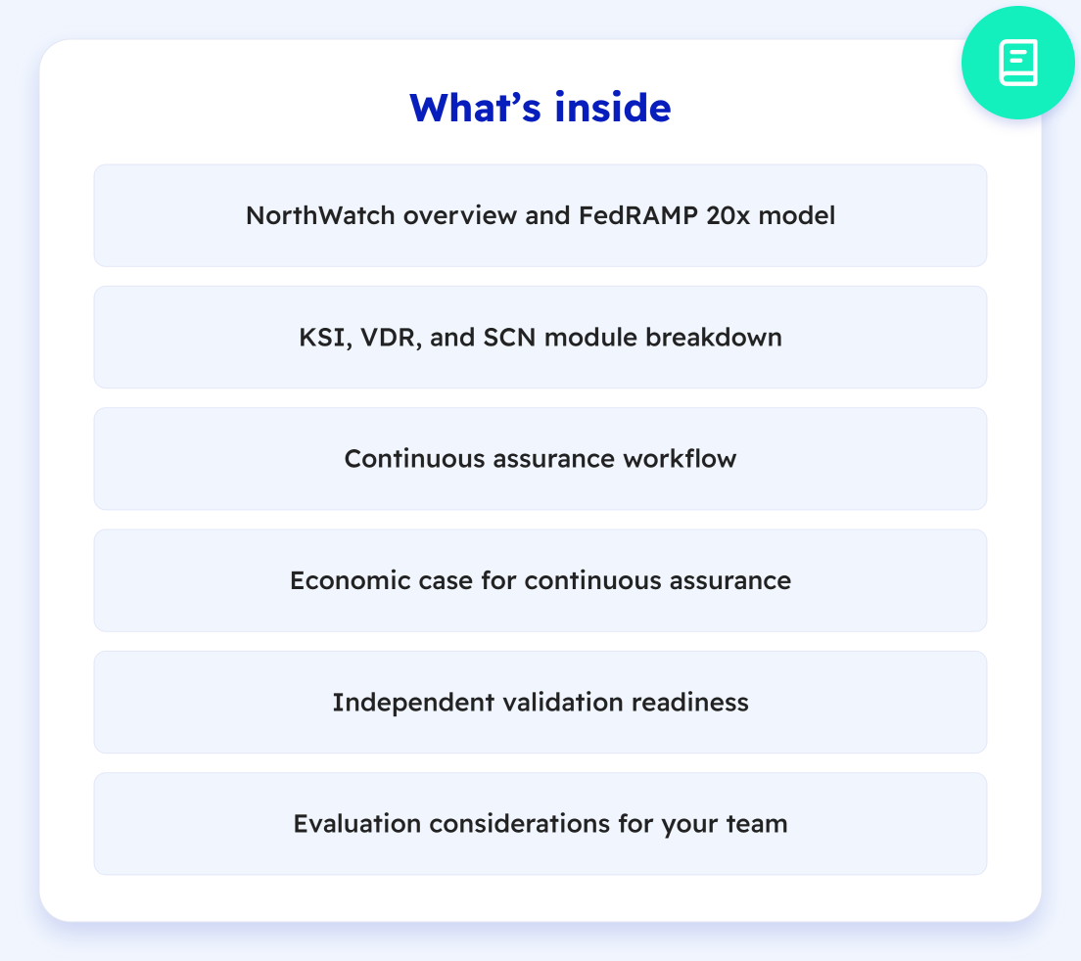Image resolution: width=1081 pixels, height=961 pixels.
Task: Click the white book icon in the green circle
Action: click(1018, 63)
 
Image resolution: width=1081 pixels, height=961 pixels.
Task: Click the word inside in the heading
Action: click(612, 109)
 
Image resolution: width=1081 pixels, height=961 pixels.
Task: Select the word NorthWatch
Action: click(320, 215)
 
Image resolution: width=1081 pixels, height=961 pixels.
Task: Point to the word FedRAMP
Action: click(638, 215)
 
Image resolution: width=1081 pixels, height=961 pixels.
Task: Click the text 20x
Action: click(728, 215)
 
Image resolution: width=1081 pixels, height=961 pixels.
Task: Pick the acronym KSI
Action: click(322, 339)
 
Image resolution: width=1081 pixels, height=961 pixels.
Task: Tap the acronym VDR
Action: click(388, 339)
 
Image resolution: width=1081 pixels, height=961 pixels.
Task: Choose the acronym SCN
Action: click(509, 338)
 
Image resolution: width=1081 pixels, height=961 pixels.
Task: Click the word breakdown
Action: click(714, 337)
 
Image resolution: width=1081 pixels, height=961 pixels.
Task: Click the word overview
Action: click(460, 215)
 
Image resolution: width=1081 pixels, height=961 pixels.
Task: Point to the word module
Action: click(590, 338)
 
